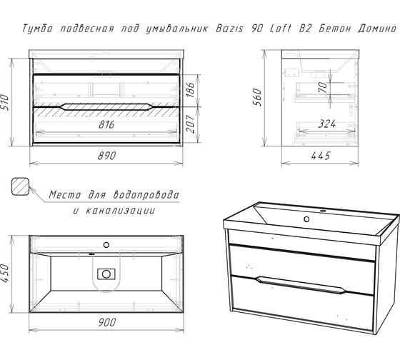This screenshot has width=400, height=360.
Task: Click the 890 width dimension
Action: (x=107, y=156)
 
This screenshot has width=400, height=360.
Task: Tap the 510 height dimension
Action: (x=5, y=102)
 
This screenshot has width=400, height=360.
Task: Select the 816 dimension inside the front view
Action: (x=106, y=124)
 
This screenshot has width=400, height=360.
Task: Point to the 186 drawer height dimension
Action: (x=190, y=89)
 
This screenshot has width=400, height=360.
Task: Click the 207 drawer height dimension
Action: (x=190, y=124)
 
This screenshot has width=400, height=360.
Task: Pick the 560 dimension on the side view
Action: (x=258, y=97)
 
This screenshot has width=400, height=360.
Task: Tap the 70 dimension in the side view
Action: (x=323, y=88)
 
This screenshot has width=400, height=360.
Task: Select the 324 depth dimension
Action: (x=327, y=124)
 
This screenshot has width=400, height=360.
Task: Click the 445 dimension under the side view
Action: (x=321, y=156)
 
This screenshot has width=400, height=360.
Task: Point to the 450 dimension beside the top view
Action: (x=5, y=274)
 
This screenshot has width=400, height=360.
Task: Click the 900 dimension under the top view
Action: (x=107, y=322)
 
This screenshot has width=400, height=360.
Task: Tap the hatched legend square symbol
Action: (x=21, y=186)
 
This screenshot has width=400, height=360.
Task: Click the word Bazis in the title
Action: (x=230, y=29)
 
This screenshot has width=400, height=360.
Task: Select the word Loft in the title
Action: (x=280, y=29)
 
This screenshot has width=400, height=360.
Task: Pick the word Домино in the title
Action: (x=377, y=29)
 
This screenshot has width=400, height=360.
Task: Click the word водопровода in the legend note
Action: (x=146, y=195)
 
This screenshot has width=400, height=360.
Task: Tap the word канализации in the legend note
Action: (x=120, y=211)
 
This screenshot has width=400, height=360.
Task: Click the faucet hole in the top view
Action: (x=106, y=245)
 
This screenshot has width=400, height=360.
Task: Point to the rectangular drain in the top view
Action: (x=106, y=274)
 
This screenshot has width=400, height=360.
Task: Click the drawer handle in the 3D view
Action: (x=300, y=285)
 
